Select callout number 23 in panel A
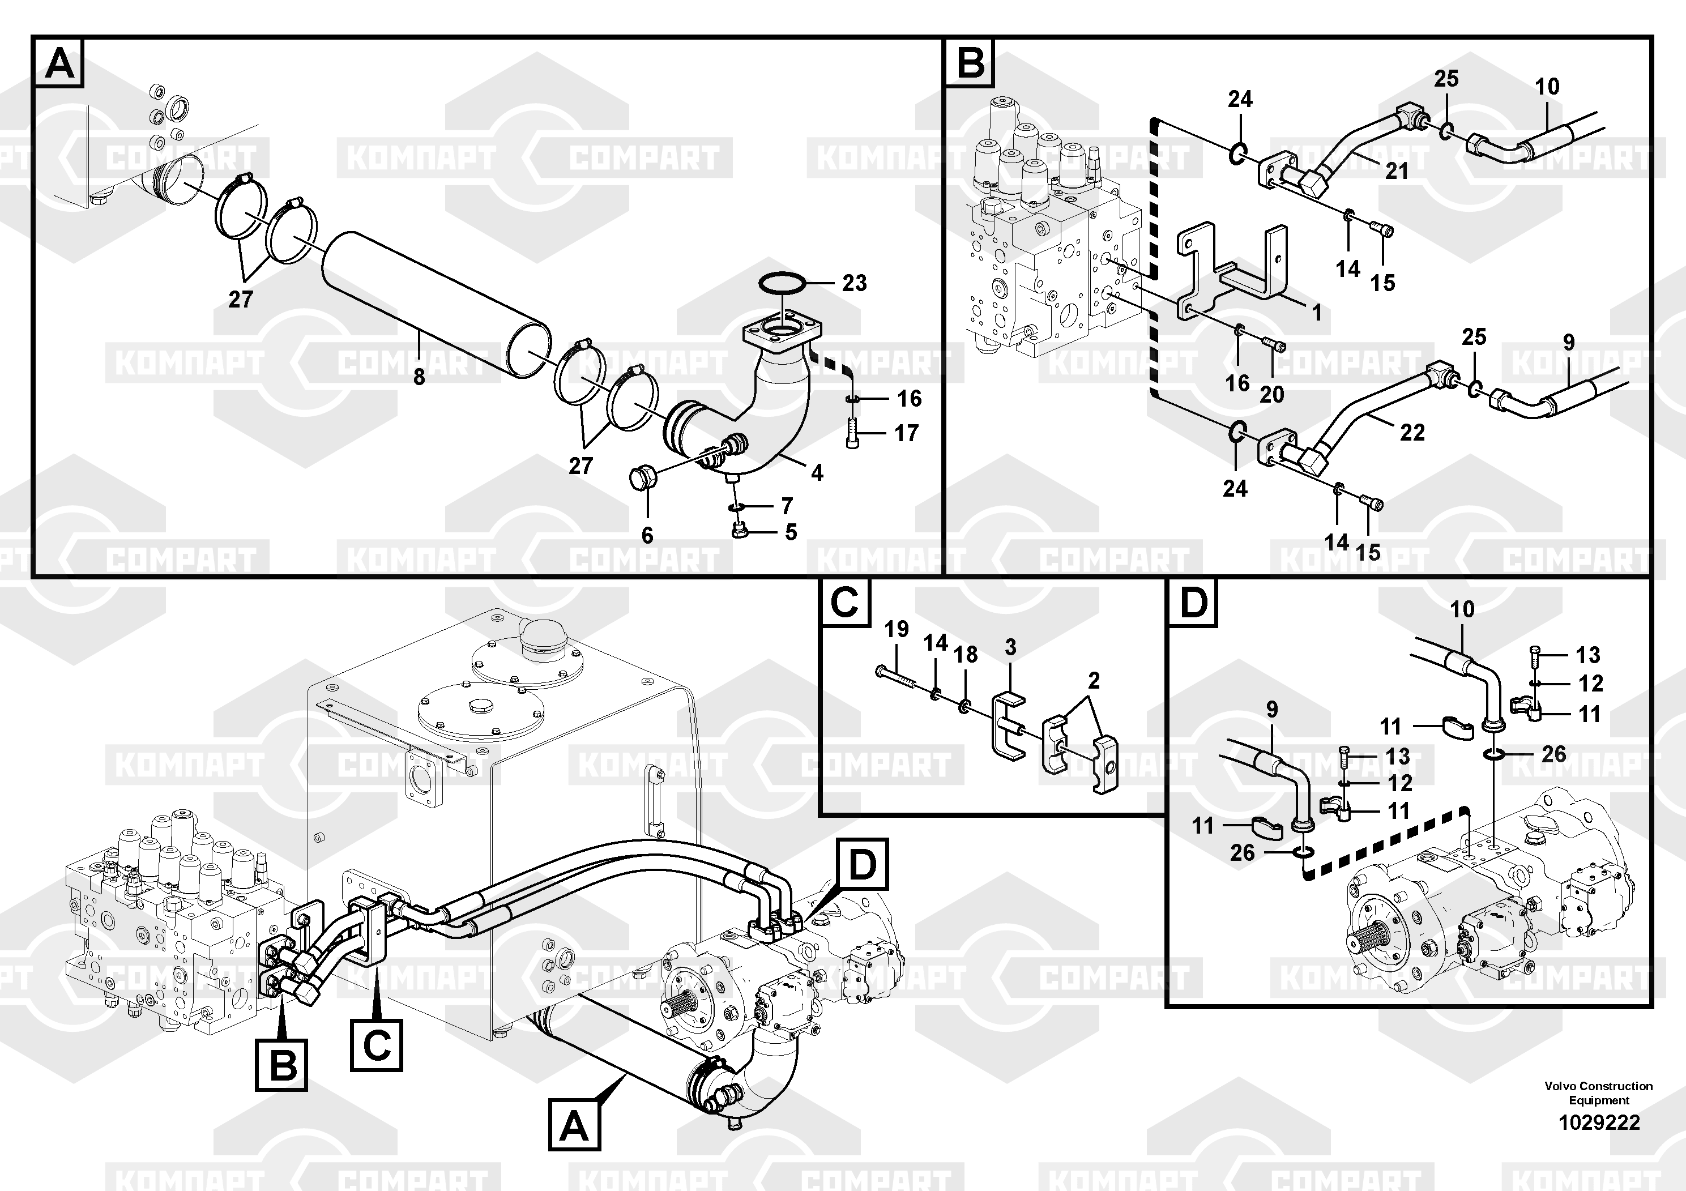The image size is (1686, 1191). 854,283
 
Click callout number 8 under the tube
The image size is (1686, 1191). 419,377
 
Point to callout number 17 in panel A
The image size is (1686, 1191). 906,433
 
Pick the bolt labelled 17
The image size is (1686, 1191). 852,433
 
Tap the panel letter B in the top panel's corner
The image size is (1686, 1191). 971,62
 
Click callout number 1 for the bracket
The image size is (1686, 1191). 1317,313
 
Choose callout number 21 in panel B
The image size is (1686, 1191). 1396,171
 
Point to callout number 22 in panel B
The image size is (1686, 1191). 1411,433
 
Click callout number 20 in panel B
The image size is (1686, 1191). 1272,394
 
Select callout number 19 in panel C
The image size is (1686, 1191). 896,629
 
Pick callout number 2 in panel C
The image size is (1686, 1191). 1094,681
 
